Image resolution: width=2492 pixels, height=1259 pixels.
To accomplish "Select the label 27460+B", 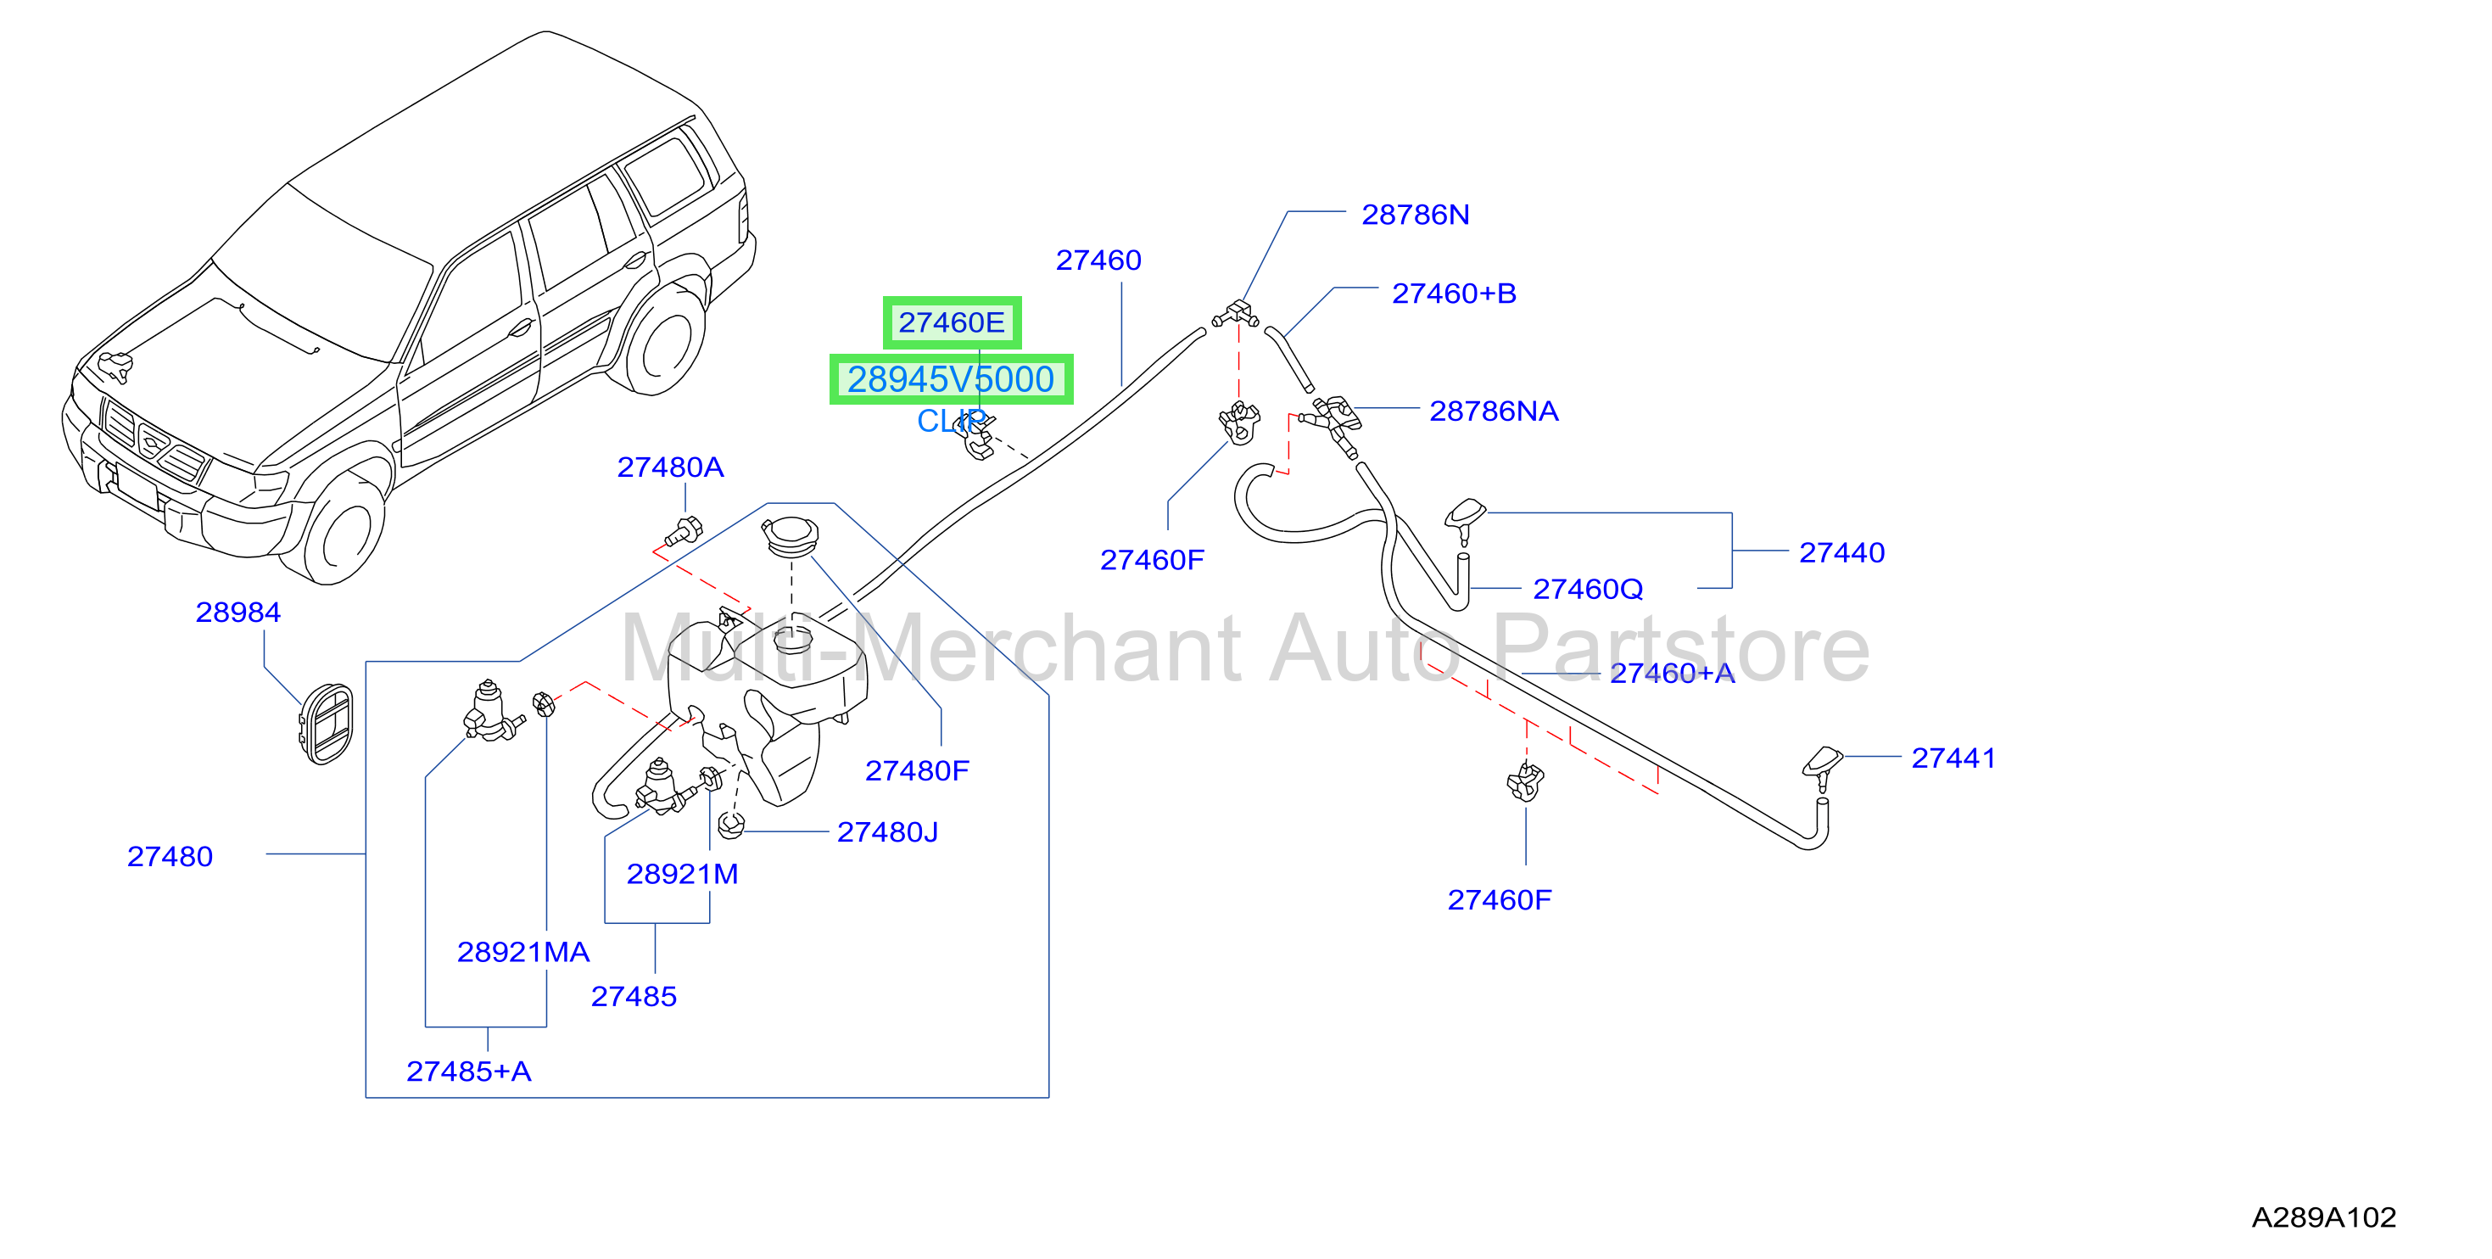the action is click(x=1453, y=294).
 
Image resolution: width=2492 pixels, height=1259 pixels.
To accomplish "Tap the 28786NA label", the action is click(x=1494, y=411).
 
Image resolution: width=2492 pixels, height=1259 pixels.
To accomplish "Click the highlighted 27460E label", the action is click(x=952, y=322).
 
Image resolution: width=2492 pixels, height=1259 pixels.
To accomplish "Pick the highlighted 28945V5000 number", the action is click(x=951, y=379).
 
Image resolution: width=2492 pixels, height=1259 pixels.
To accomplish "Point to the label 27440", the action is click(x=1841, y=552).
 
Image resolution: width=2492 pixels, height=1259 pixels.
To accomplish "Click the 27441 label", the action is click(x=1953, y=758).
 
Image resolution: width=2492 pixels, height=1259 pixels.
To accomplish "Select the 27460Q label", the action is click(x=1588, y=590).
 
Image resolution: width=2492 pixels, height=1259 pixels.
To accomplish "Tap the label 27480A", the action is click(x=670, y=467).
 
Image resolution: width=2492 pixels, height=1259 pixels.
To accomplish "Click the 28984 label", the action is click(x=238, y=613).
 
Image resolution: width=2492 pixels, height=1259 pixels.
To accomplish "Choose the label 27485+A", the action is click(x=468, y=1072).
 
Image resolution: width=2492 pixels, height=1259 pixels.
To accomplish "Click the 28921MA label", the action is click(x=523, y=952).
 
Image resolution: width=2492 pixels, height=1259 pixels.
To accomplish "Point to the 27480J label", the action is click(x=887, y=832).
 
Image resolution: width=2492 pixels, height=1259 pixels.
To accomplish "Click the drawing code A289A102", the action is click(x=2324, y=1217).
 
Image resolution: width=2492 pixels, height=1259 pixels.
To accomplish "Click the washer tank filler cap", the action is click(x=791, y=536).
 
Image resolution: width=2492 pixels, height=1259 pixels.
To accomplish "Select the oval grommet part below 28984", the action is click(x=326, y=724).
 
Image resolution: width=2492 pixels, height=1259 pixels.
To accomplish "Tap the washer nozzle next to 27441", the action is click(x=1824, y=766).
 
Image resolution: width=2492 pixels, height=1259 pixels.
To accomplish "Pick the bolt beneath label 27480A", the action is click(x=684, y=532).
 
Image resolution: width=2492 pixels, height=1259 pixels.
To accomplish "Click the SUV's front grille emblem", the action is click(x=153, y=443).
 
